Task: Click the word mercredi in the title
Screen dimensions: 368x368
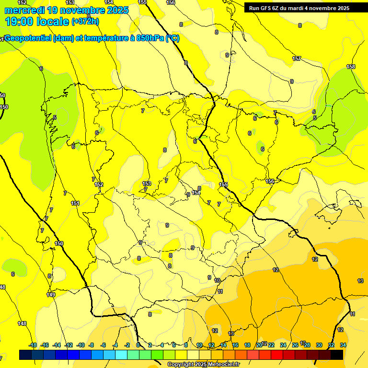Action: click(x=24, y=10)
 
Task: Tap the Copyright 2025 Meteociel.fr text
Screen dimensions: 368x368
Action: click(x=203, y=365)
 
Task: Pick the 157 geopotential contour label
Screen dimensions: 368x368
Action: click(x=297, y=58)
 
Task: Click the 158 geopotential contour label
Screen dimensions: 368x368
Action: click(x=351, y=67)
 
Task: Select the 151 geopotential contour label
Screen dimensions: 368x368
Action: click(x=75, y=203)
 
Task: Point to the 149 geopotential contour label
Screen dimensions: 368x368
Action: click(x=51, y=295)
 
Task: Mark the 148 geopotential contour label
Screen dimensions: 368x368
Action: click(x=22, y=324)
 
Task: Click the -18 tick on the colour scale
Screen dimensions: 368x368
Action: click(x=33, y=345)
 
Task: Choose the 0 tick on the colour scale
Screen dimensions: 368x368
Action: click(x=138, y=345)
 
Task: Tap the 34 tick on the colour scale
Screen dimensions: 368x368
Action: click(x=343, y=345)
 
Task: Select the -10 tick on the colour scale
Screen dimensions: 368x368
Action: click(x=80, y=345)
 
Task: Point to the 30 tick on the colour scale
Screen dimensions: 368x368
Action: click(x=319, y=345)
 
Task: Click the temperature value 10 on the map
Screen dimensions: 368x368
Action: click(x=217, y=280)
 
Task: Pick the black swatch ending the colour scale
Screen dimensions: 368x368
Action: click(x=336, y=355)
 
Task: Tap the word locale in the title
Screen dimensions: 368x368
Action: click(x=53, y=21)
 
